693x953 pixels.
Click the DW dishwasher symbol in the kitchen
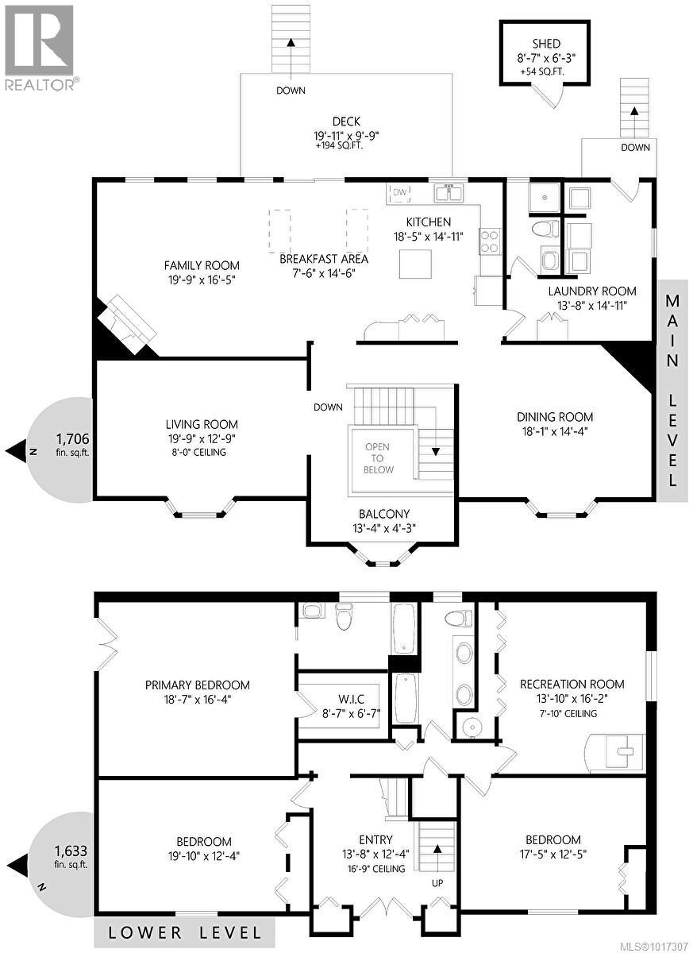[400, 192]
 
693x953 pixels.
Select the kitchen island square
[415, 264]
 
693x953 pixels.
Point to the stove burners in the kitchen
[489, 241]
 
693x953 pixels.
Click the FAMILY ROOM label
[202, 265]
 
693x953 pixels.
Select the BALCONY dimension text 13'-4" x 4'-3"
[373, 527]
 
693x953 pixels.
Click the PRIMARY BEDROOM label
[198, 685]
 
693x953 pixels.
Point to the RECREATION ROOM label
[572, 684]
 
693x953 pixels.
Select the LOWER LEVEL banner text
[184, 932]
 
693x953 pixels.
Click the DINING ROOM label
[555, 417]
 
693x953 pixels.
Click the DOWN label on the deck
[291, 91]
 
